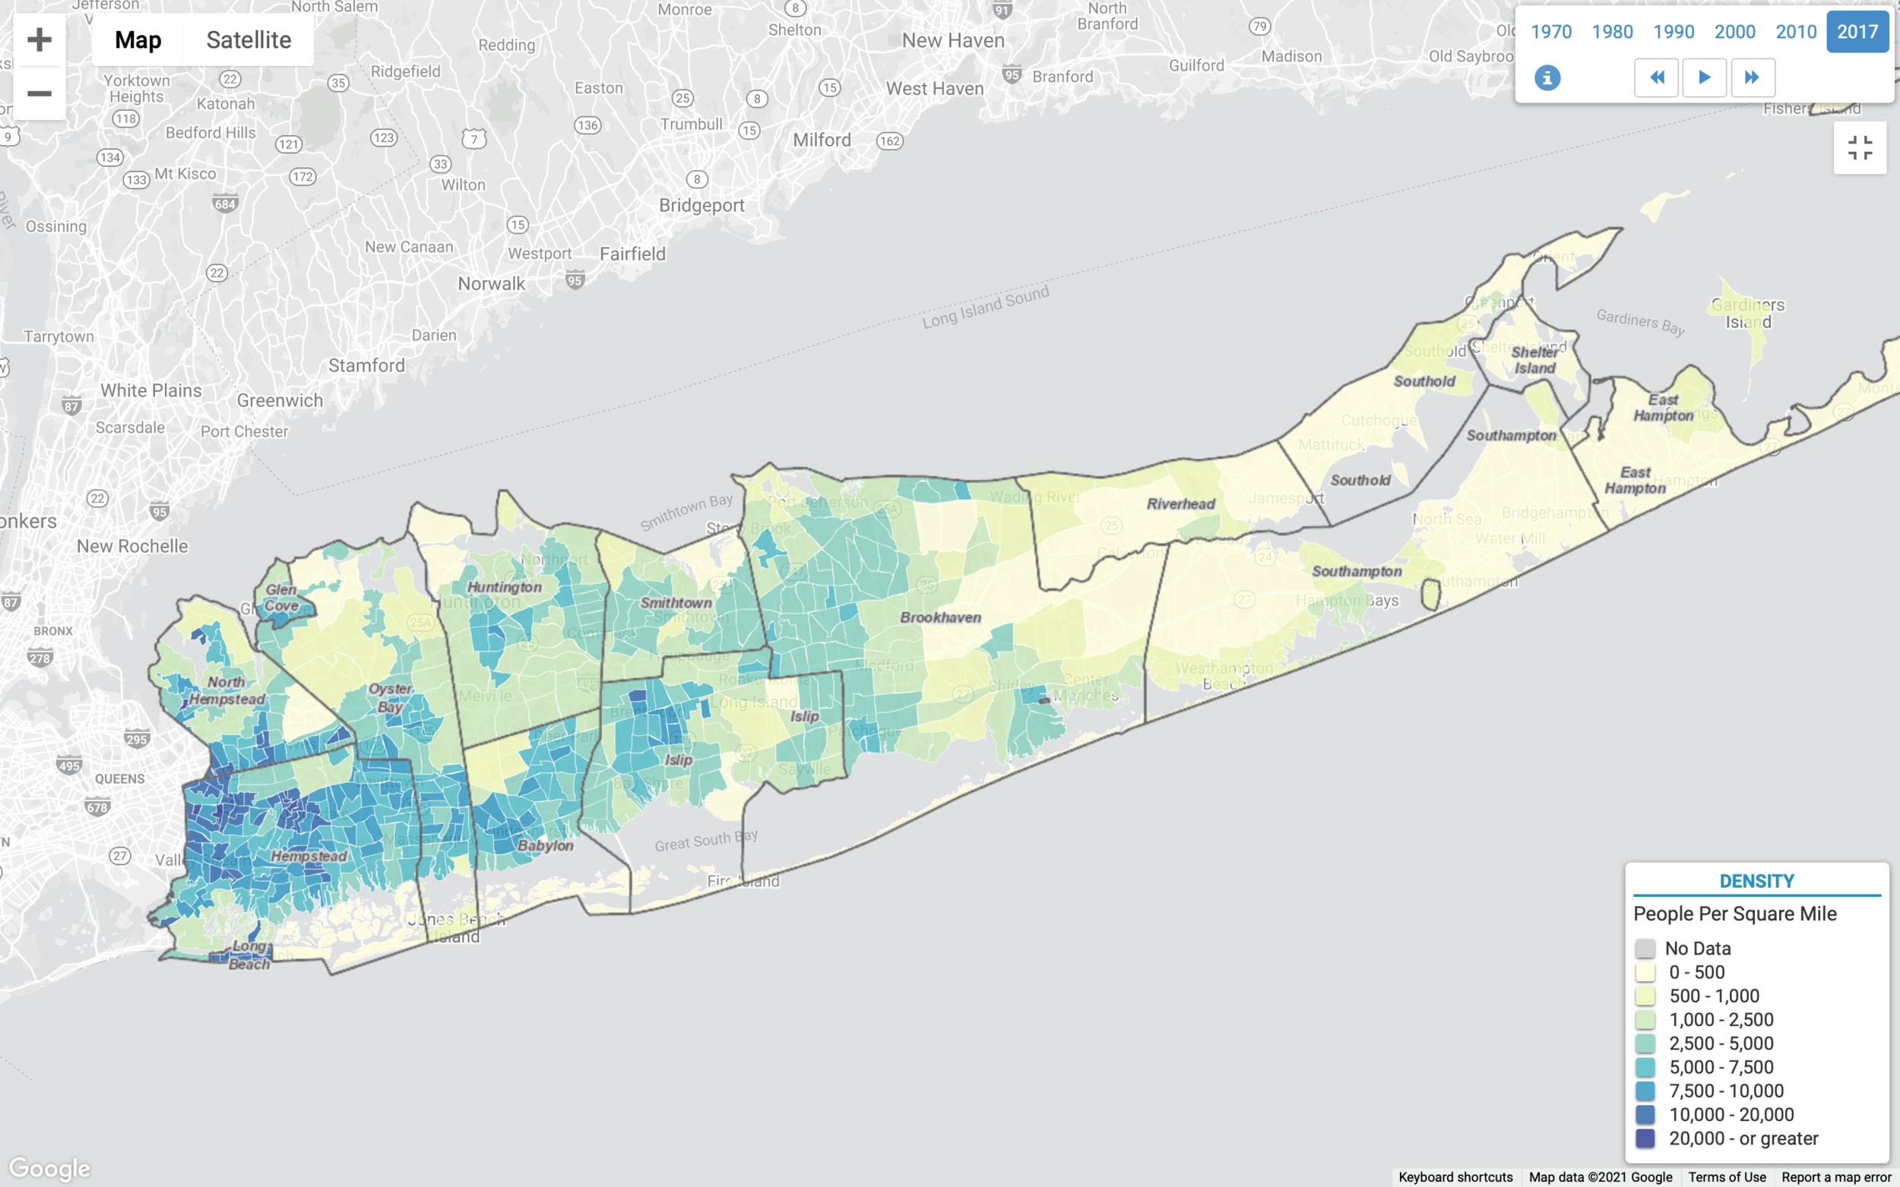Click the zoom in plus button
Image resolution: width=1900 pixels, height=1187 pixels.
tap(40, 39)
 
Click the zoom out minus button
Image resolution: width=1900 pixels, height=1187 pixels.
tap(40, 93)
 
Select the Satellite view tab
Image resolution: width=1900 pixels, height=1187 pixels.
tap(249, 39)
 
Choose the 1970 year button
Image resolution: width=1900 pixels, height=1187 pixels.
tap(1550, 31)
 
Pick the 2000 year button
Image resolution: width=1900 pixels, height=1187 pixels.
tap(1734, 31)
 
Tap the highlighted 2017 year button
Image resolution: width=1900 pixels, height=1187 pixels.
tap(1857, 31)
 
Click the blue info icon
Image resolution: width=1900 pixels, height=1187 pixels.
tap(1547, 77)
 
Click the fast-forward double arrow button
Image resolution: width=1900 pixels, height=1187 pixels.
tap(1753, 77)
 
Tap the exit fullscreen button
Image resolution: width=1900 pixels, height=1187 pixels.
tap(1859, 147)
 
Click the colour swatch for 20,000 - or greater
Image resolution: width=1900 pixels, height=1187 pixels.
tap(1645, 1138)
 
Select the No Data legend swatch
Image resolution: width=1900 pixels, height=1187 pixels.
tap(1645, 949)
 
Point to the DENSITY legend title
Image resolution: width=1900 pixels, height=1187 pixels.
tap(1756, 881)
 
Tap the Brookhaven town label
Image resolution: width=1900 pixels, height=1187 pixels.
tap(940, 617)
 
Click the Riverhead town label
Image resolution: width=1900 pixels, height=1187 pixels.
tap(1180, 504)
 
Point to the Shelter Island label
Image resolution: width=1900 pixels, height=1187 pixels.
tap(1534, 360)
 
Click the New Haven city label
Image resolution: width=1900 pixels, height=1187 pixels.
tap(953, 40)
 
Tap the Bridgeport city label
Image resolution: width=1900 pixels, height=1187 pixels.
tap(701, 205)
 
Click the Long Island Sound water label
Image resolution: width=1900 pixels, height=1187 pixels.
tap(985, 307)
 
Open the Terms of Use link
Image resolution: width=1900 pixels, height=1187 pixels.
tap(1727, 1177)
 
